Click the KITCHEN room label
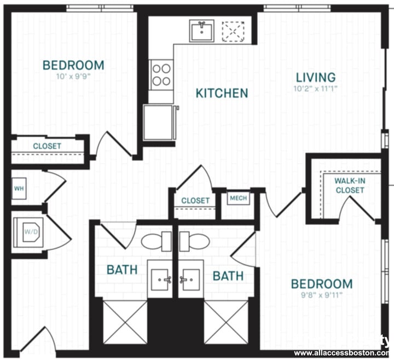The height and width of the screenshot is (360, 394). coord(222,93)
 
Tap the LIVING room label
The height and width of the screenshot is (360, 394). coord(316,77)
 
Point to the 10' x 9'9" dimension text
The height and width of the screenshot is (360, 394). coord(73,77)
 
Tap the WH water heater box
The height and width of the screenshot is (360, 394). coord(19,189)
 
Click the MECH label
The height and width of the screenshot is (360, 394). coord(238,198)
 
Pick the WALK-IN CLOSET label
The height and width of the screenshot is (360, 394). coord(350,185)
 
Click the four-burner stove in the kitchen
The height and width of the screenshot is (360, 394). coord(161,74)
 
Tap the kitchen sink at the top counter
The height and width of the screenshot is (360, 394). coord(203,31)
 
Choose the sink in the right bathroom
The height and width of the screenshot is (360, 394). coord(190,279)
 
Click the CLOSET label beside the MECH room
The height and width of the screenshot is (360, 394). coord(195,201)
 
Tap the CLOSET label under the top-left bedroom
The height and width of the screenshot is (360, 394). coord(47,147)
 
